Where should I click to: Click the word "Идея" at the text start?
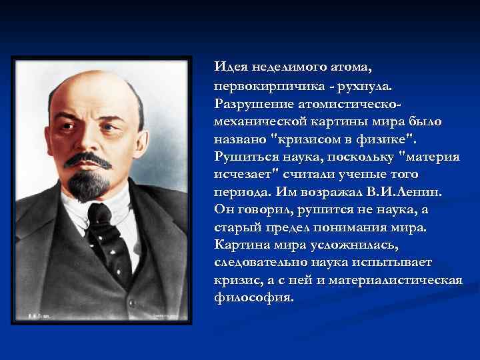[229, 67]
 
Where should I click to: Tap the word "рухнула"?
[365, 87]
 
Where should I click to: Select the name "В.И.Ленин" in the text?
[406, 192]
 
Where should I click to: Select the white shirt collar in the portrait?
[123, 207]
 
